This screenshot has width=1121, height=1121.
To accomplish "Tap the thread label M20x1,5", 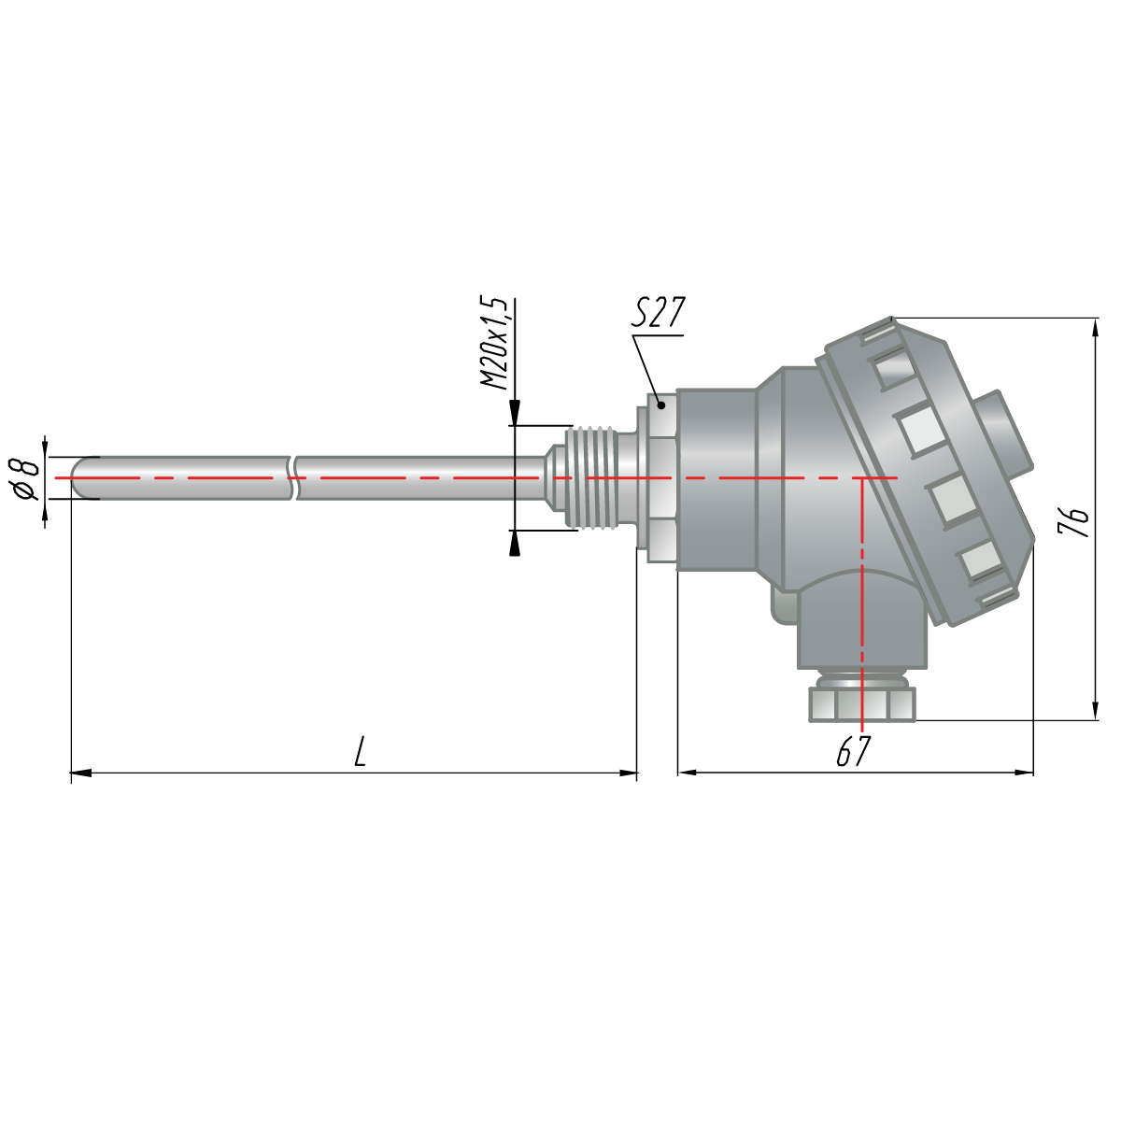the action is (494, 344).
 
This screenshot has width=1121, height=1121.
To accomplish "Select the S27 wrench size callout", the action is (659, 313).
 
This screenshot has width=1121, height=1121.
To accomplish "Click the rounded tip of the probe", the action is (81, 477).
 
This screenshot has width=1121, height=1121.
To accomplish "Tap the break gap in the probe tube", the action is (293, 477).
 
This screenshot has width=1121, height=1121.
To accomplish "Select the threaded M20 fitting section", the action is (591, 477).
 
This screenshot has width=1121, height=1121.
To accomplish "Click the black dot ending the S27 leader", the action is (660, 405).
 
